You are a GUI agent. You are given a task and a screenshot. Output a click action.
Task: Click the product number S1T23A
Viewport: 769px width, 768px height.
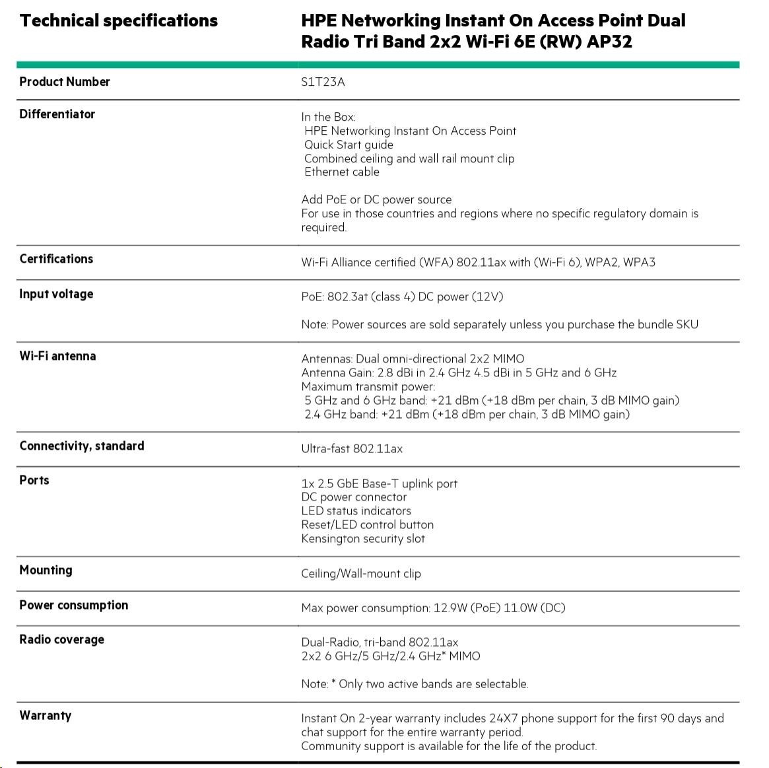[x=323, y=82]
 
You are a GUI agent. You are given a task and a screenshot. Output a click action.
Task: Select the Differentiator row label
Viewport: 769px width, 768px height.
[x=57, y=114]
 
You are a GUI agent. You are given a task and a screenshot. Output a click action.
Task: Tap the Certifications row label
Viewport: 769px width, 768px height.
[x=56, y=259]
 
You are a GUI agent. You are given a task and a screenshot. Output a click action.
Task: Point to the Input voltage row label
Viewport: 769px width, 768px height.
[x=56, y=294]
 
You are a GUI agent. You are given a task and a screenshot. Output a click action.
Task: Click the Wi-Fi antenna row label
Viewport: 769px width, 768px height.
[x=57, y=356]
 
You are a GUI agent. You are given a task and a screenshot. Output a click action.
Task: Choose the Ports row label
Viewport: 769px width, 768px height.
[x=34, y=480]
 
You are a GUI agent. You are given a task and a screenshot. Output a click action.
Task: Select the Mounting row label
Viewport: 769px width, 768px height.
[x=46, y=570]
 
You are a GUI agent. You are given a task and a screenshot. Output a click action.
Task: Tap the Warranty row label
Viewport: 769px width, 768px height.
[x=45, y=715]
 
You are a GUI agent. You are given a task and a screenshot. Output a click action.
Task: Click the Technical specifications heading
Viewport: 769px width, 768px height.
[x=119, y=20]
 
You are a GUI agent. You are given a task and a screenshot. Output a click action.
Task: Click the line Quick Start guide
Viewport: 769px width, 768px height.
[x=349, y=145]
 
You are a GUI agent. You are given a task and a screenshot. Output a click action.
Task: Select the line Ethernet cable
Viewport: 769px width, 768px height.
[x=341, y=172]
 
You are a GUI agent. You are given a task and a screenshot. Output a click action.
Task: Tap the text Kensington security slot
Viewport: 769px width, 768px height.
[x=363, y=538]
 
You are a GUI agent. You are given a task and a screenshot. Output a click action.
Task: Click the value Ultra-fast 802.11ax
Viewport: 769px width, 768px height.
[x=352, y=448]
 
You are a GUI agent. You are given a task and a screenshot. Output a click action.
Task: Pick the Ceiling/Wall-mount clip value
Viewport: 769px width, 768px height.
[x=361, y=573]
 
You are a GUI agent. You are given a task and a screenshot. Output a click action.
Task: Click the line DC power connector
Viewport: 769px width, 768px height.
[x=354, y=497]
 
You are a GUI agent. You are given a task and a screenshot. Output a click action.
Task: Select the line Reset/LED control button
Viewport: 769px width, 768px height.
[x=368, y=524]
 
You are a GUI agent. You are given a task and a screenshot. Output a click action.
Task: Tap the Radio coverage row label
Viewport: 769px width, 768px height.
[x=61, y=639]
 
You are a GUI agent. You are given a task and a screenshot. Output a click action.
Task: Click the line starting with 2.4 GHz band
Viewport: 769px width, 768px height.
[x=467, y=414]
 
